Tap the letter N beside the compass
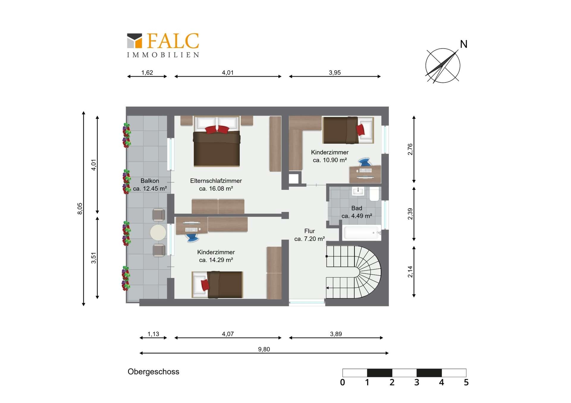464,44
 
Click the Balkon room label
150,181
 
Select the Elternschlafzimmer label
216,181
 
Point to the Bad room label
357,208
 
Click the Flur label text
309,231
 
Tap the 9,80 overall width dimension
264,349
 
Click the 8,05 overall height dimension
80,208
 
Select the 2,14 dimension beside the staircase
410,272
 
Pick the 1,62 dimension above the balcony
147,72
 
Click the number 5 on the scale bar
466,383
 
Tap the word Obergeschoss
153,372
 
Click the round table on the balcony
158,233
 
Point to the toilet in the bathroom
374,194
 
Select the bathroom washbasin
358,191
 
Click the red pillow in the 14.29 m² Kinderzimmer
205,285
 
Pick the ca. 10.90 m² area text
330,160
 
